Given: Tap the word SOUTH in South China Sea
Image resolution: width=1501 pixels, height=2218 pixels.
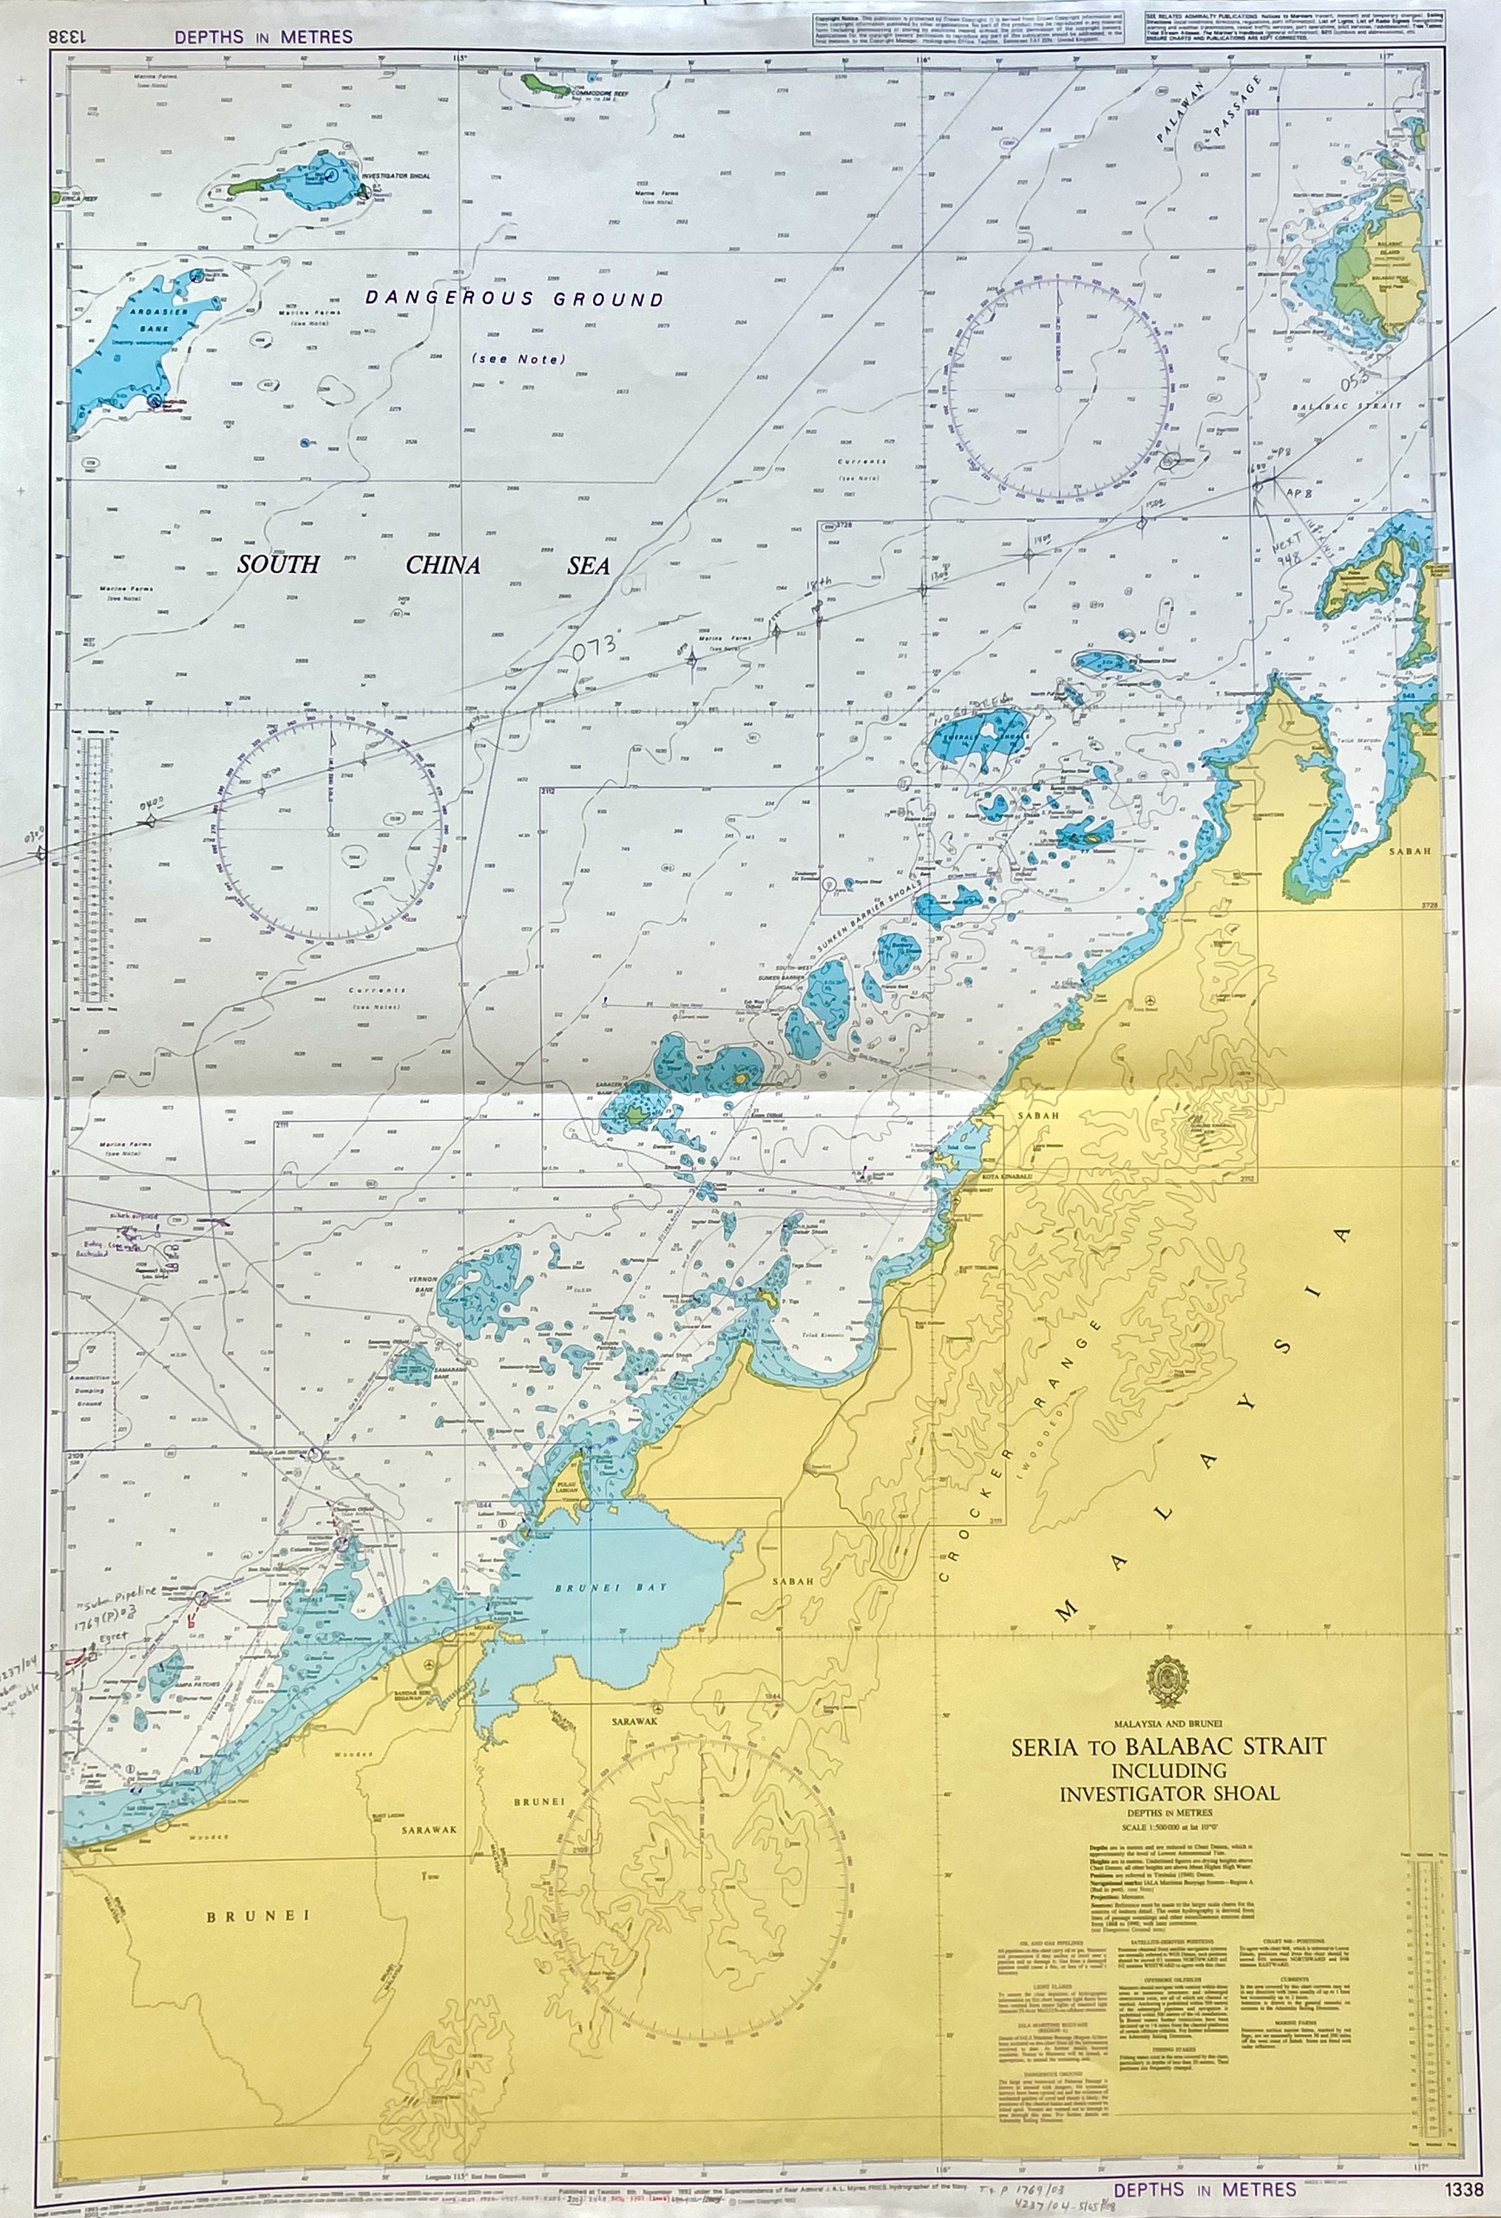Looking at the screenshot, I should tap(278, 565).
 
